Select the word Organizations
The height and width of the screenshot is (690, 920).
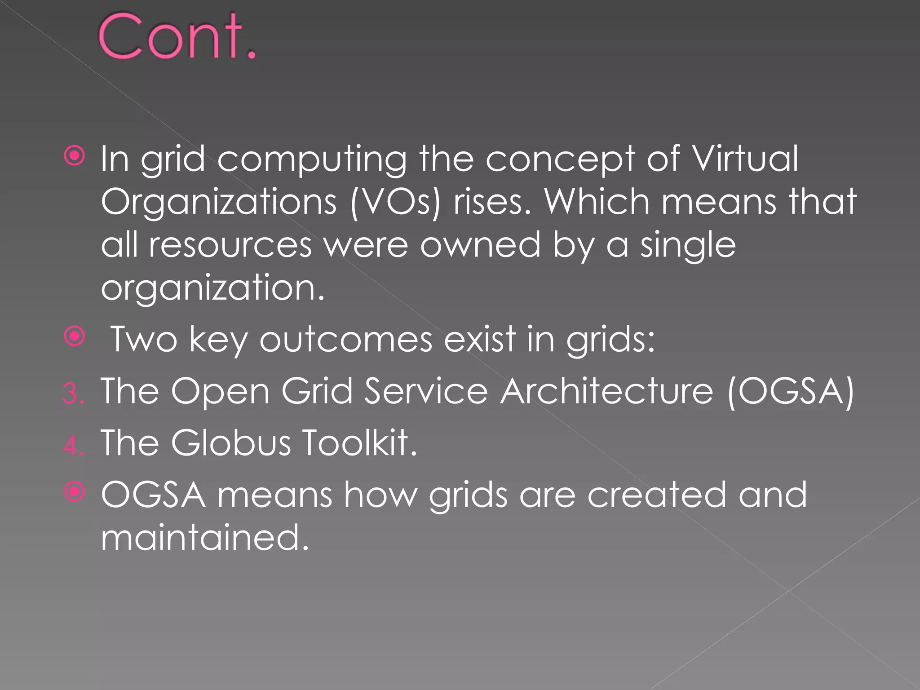point(219,202)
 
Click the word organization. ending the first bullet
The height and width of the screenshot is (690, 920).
point(212,288)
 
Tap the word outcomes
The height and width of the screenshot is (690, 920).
point(345,339)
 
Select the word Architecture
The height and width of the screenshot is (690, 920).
point(606,391)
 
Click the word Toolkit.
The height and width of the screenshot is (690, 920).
point(359,443)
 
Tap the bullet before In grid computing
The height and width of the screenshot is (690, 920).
point(75,156)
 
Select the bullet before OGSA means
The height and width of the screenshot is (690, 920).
point(75,491)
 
